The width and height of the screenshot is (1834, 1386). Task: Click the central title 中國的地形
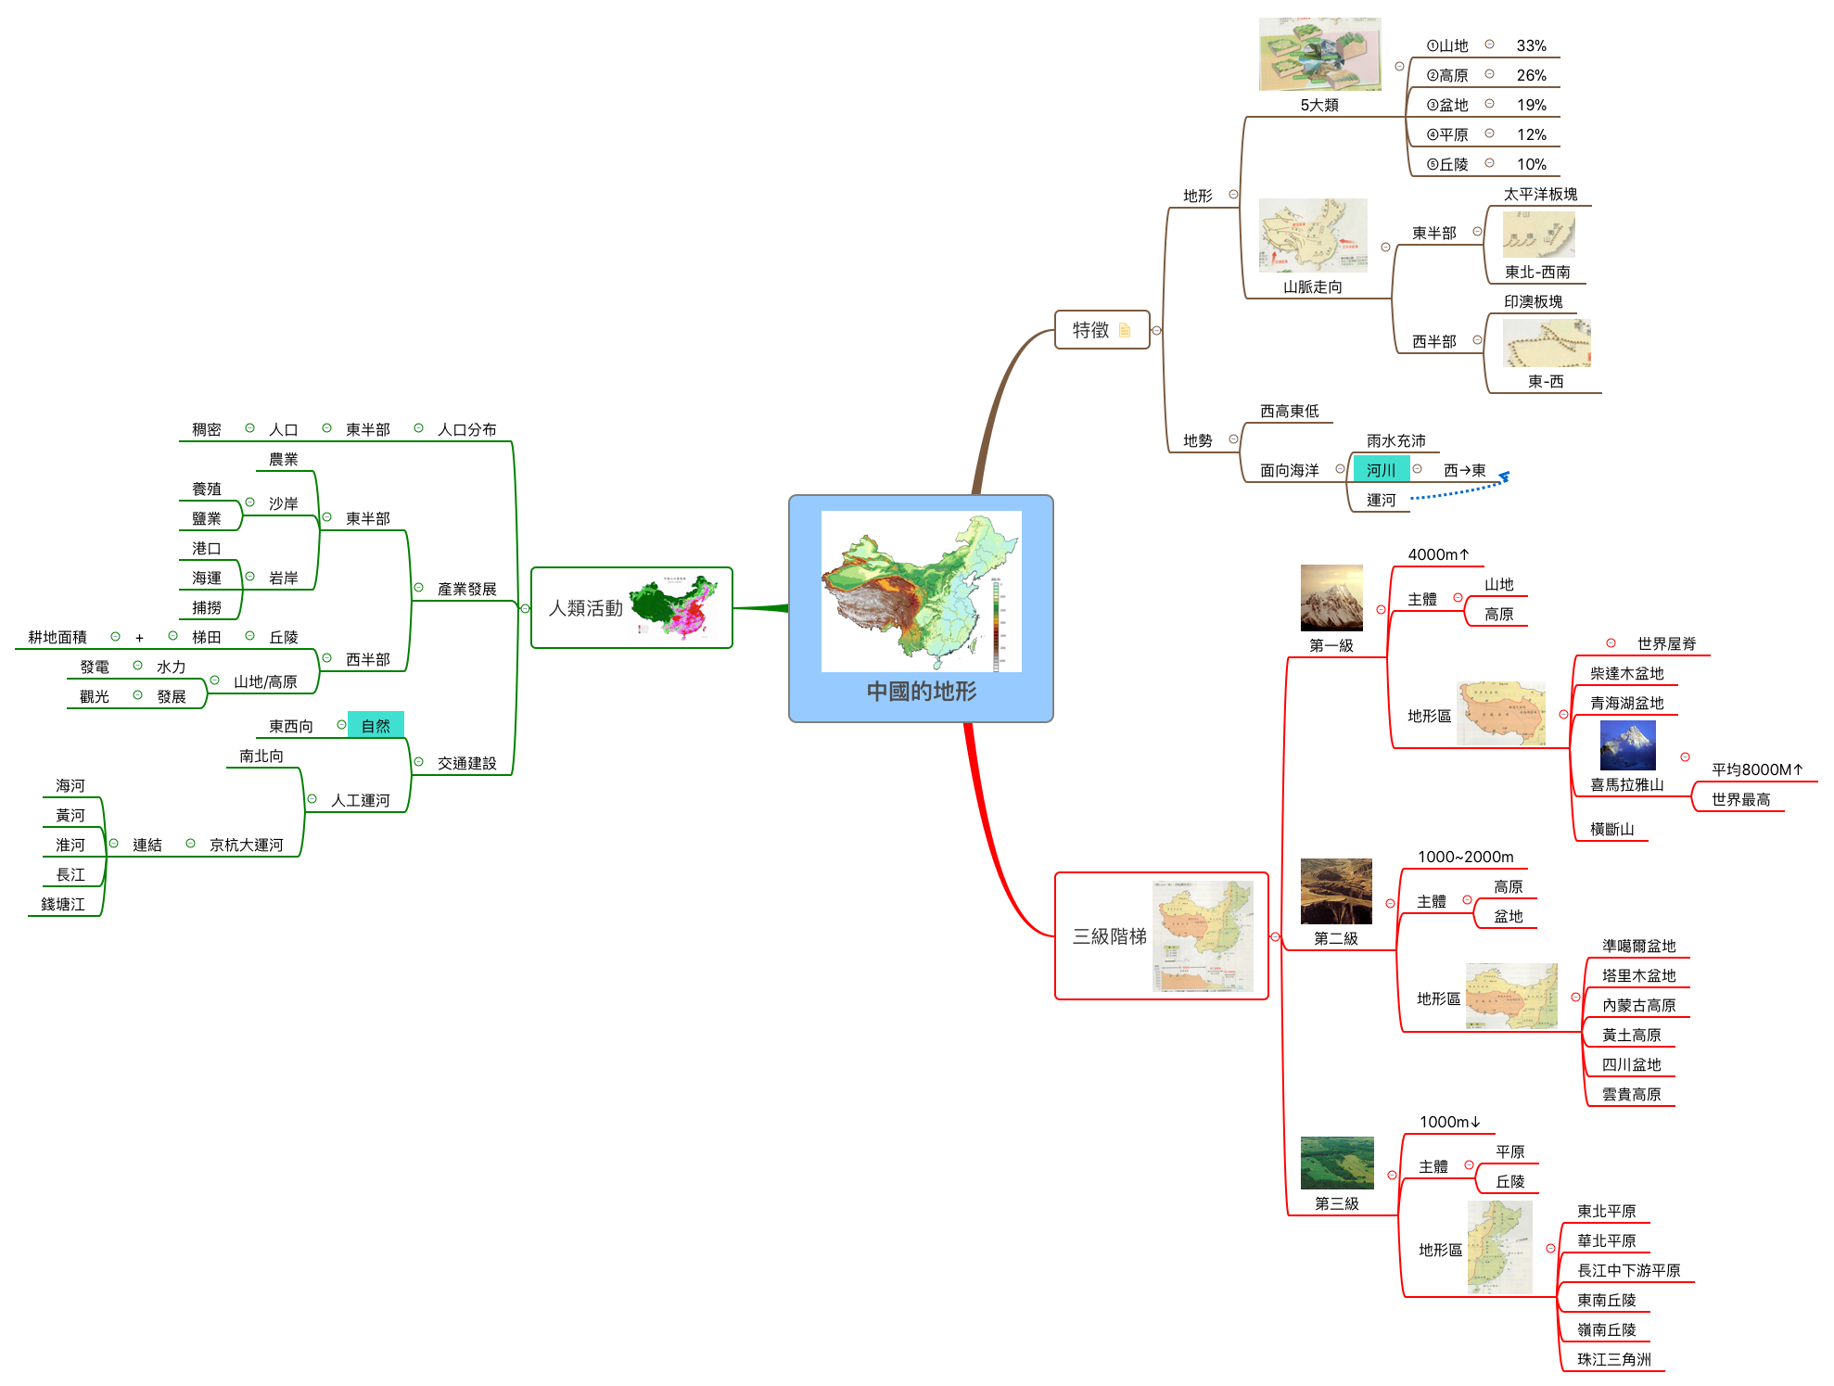pyautogui.click(x=921, y=692)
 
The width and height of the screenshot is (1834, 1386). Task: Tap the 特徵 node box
pyautogui.click(x=1101, y=330)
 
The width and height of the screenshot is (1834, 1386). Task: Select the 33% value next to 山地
pyautogui.click(x=1531, y=45)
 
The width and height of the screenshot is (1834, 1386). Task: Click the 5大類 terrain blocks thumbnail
pyautogui.click(x=1319, y=54)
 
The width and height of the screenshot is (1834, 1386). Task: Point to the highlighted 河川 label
pyautogui.click(x=1381, y=470)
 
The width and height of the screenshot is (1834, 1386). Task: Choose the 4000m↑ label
pyautogui.click(x=1438, y=554)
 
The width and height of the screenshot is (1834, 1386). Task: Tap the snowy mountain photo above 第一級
pyautogui.click(x=1331, y=597)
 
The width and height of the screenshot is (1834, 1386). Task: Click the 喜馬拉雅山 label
pyautogui.click(x=1626, y=784)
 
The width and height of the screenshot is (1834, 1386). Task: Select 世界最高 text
pyautogui.click(x=1740, y=799)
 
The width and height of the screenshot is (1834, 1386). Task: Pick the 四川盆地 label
pyautogui.click(x=1631, y=1064)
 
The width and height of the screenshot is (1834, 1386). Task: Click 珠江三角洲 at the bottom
pyautogui.click(x=1613, y=1359)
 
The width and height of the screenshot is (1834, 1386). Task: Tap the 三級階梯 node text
pyautogui.click(x=1110, y=936)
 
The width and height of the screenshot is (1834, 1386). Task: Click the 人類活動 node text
pyautogui.click(x=585, y=608)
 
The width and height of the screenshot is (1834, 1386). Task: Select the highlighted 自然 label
pyautogui.click(x=376, y=725)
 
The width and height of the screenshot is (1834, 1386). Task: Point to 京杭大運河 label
pyautogui.click(x=246, y=845)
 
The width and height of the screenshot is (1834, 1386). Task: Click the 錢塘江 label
pyautogui.click(x=62, y=904)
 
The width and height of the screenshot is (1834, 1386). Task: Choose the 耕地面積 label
pyautogui.click(x=57, y=637)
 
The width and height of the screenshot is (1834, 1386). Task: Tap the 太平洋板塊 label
pyautogui.click(x=1540, y=194)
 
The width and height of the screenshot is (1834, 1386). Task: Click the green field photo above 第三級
pyautogui.click(x=1336, y=1163)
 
